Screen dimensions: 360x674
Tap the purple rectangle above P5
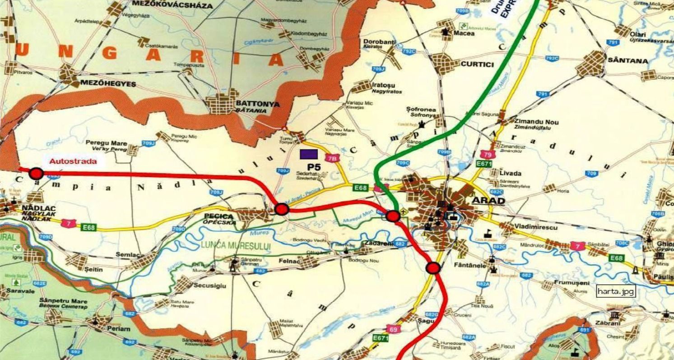(x=309, y=153)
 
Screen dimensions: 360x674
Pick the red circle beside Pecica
(x=282, y=208)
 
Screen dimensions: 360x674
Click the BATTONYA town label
(x=258, y=104)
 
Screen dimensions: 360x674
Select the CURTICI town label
(x=477, y=65)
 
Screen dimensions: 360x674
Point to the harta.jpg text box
(x=616, y=291)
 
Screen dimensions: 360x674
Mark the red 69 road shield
(x=393, y=329)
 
